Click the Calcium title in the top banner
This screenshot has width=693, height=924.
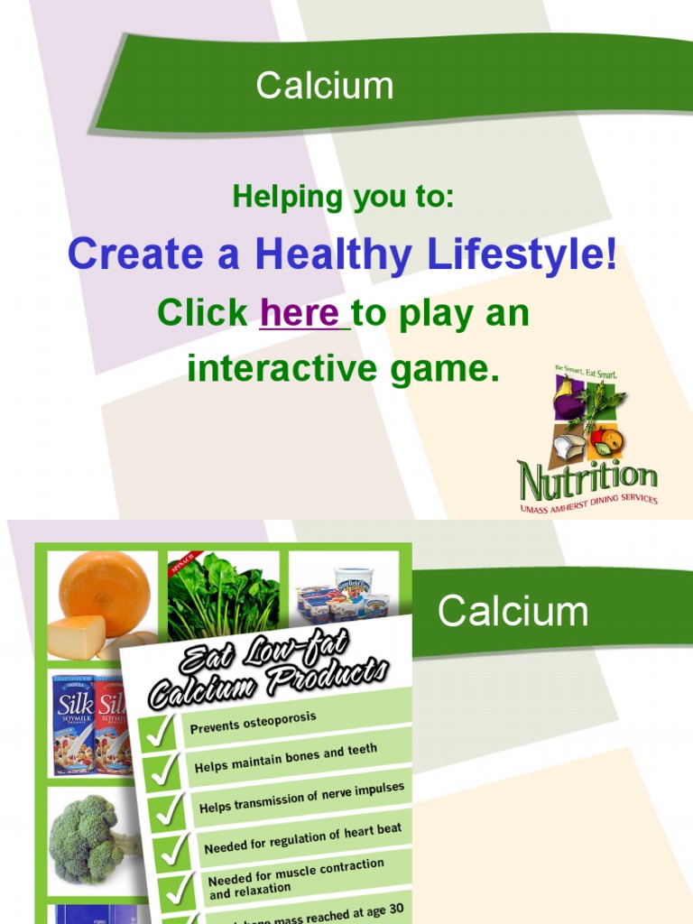324,87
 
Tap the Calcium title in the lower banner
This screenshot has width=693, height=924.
513,612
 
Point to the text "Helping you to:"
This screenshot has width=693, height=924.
343,196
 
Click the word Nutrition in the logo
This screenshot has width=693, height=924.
587,479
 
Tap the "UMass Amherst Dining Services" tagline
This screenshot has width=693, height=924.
588,505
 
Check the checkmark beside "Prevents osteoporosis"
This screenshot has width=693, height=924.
160,732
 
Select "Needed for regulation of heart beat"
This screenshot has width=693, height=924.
302,838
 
